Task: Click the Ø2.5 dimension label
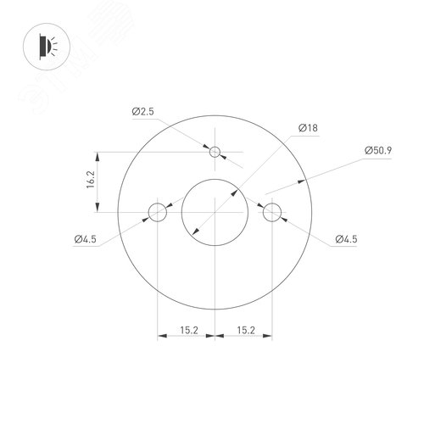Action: pyautogui.click(x=143, y=111)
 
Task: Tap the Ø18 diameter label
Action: pyautogui.click(x=308, y=128)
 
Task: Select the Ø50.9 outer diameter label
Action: pyautogui.click(x=378, y=150)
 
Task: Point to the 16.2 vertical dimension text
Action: pyautogui.click(x=91, y=180)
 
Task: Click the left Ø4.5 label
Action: pyautogui.click(x=86, y=239)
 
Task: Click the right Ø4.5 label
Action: pyautogui.click(x=346, y=239)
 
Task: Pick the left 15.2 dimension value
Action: pyautogui.click(x=189, y=330)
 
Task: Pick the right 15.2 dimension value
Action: pyautogui.click(x=246, y=330)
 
